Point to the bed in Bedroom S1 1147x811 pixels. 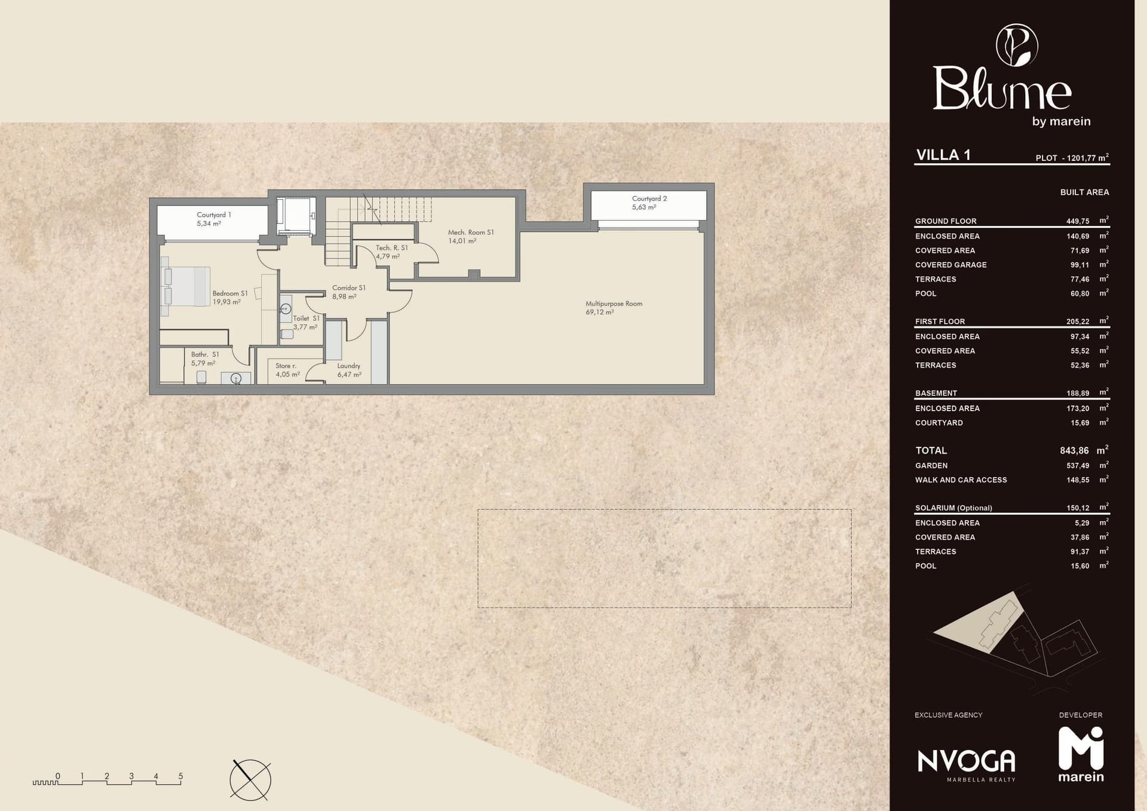point(186,286)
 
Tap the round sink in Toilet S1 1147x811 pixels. point(286,309)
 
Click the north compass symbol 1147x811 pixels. point(250,780)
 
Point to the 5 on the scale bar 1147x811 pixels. point(180,776)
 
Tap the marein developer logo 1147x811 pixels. point(1081,754)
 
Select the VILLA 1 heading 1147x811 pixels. point(943,155)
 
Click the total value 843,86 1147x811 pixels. point(1074,451)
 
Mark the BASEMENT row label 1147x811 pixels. point(936,393)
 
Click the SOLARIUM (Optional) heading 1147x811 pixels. point(953,508)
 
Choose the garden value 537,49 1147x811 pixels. point(1078,466)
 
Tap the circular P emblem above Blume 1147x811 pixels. point(1017,45)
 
